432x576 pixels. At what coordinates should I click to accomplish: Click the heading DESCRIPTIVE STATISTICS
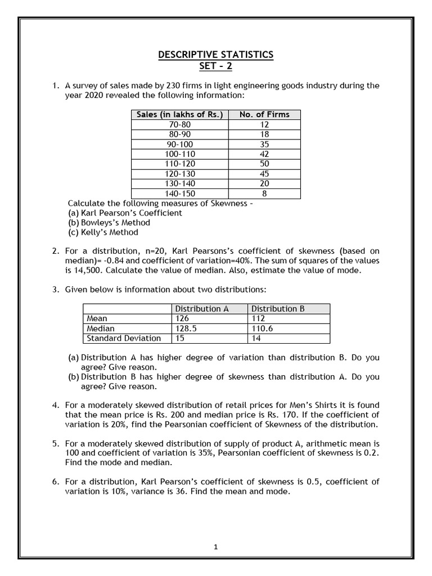[215, 55]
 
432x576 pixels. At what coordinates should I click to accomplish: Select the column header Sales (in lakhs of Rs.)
[179, 115]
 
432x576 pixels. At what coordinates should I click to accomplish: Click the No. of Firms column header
[264, 115]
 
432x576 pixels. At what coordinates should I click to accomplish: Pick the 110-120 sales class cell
[179, 164]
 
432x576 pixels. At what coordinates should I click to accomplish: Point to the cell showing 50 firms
[264, 164]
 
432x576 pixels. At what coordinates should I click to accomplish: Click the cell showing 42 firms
[264, 154]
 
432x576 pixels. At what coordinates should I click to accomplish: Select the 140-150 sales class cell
[179, 193]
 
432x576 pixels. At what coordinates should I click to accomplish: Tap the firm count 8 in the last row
[264, 193]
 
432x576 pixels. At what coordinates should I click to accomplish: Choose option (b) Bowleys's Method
[110, 222]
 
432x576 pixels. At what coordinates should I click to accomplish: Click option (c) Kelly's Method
[103, 232]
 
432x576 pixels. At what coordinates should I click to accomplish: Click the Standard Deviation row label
[124, 338]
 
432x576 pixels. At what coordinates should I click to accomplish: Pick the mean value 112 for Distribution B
[259, 318]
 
